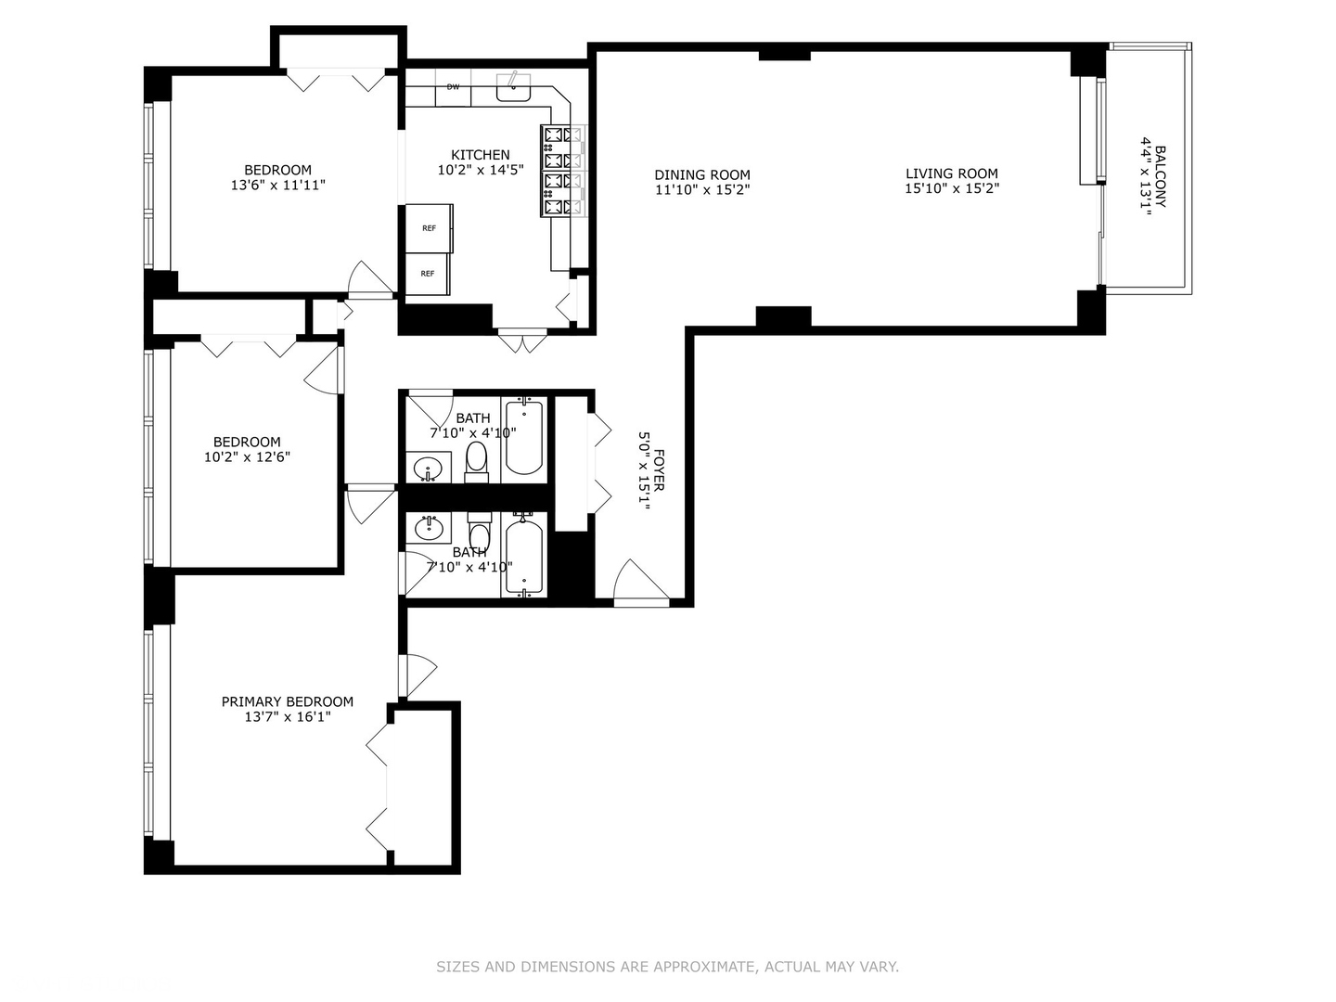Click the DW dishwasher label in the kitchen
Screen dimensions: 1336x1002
tap(453, 87)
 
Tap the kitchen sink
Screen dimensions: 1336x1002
tap(513, 87)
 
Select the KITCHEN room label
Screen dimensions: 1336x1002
tap(481, 155)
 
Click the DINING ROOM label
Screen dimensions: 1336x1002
tap(702, 175)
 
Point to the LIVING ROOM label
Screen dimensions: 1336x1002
tap(952, 174)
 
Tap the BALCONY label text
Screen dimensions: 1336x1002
tap(1161, 176)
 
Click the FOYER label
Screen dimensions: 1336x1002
tap(659, 469)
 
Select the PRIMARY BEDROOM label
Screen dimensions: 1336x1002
tap(288, 701)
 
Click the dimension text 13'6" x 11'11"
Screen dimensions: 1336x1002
tap(278, 185)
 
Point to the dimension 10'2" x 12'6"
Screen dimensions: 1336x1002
tap(247, 456)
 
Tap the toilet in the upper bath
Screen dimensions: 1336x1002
tap(477, 462)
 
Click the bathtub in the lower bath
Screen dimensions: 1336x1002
tap(524, 556)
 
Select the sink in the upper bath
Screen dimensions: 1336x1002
tap(429, 469)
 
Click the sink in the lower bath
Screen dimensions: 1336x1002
tap(429, 528)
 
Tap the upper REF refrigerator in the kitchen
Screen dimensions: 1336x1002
tap(430, 228)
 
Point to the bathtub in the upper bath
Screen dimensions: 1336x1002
tap(524, 438)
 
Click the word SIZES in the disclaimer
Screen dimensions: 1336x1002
tap(457, 967)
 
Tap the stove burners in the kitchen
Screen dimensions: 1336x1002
tap(563, 171)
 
